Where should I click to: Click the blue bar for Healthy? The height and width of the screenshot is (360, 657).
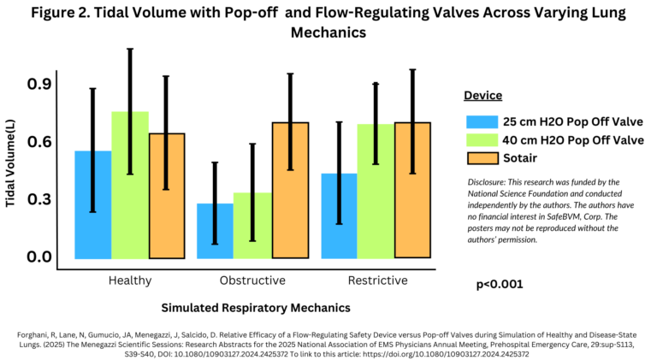point(92,204)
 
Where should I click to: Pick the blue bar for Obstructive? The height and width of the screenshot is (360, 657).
point(215,230)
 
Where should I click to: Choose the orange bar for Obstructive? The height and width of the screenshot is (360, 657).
point(290,190)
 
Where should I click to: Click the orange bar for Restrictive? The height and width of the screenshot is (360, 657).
point(412,190)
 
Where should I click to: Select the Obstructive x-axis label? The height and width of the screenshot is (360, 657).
point(252,280)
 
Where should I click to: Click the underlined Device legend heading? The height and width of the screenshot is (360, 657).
point(482,96)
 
